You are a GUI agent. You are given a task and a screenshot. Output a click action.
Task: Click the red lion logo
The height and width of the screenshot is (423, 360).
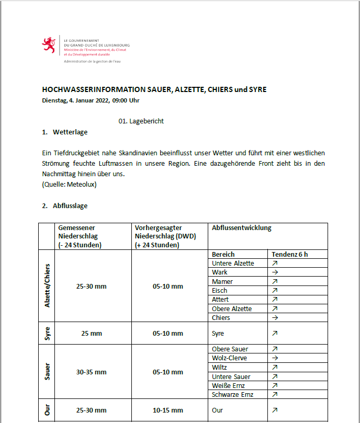pos(49,45)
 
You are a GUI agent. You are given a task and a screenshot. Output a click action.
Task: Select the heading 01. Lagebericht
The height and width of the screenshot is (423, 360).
pos(141,121)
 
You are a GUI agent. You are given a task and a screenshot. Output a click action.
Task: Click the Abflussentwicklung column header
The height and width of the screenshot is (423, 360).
pos(241,228)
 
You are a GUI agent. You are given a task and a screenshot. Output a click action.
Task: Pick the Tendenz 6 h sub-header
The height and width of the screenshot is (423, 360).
pos(289,254)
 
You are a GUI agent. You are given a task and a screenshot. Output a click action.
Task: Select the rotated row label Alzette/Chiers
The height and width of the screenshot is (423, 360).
pos(47,285)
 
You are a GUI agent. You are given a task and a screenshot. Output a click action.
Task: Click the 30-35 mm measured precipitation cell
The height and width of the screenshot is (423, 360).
pos(91,372)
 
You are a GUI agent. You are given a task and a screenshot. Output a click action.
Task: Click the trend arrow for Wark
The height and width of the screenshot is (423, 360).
pos(275,272)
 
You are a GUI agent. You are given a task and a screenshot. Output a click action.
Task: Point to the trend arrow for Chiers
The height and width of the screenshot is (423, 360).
pos(275,318)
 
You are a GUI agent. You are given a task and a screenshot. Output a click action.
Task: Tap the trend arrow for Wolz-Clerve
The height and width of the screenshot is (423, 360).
pos(275,358)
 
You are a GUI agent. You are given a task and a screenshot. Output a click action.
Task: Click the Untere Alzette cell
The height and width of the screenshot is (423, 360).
pos(233,264)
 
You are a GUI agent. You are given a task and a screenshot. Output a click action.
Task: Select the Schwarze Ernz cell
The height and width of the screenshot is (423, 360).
pos(233,395)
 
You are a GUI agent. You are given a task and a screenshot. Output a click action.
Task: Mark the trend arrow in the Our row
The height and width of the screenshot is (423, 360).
pos(275,410)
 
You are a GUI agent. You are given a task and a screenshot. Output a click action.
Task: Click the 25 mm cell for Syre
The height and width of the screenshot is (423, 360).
pos(91,333)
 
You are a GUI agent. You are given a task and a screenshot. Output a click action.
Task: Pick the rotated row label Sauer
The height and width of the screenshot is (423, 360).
pos(47,372)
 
